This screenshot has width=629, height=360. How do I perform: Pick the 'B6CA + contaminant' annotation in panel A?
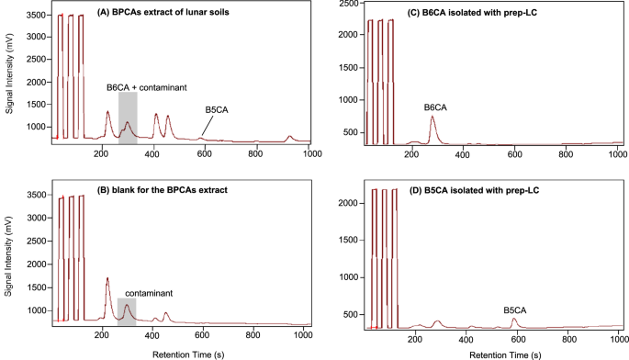tap(146, 86)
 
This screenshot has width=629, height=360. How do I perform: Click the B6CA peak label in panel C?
tap(435, 107)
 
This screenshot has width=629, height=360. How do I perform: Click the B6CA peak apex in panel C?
tap(433, 118)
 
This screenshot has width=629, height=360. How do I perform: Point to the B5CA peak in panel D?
tap(514, 320)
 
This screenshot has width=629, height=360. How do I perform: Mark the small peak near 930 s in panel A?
tap(289, 137)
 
